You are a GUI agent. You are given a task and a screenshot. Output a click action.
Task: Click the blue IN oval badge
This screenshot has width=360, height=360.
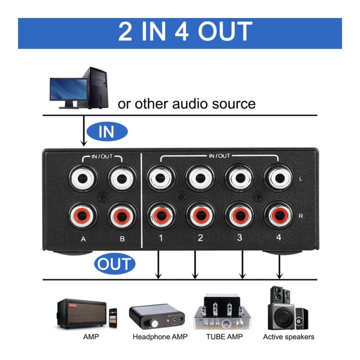click(x=107, y=131)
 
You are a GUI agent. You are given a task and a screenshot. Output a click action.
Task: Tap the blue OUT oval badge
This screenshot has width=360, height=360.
click(x=115, y=264)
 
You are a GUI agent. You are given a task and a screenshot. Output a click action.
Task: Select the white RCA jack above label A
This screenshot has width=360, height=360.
click(x=83, y=178)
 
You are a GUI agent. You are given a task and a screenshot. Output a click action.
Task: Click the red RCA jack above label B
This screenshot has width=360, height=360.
click(x=122, y=216)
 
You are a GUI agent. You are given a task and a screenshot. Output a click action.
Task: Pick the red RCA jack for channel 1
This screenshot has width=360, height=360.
click(x=161, y=216)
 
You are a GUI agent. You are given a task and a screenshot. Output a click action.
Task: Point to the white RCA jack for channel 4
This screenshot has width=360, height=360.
click(x=279, y=177)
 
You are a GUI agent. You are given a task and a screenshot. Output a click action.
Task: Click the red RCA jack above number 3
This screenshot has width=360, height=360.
click(x=239, y=216)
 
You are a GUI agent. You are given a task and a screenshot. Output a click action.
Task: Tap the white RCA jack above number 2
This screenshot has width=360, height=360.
click(x=200, y=178)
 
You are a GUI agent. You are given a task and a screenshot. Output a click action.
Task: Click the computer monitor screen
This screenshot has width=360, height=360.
click(x=68, y=89)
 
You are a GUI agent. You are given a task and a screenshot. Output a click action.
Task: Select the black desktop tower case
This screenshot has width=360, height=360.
click(x=96, y=88)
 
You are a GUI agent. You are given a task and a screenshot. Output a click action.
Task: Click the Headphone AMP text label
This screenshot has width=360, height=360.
click(x=160, y=337)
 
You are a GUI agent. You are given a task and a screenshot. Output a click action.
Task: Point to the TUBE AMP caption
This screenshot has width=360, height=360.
click(x=224, y=337)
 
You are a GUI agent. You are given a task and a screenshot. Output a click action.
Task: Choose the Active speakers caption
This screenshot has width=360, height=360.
click(x=289, y=337)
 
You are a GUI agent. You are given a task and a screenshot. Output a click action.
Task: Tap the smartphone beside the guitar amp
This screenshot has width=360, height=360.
click(x=113, y=318)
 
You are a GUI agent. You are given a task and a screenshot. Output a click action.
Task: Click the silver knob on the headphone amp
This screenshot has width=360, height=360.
click(x=154, y=324)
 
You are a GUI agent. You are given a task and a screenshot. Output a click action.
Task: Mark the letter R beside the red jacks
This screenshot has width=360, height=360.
click(x=301, y=216)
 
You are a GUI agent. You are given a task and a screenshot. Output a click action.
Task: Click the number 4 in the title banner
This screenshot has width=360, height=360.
click(x=181, y=31)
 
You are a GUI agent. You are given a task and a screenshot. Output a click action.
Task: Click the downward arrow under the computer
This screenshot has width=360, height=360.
click(x=84, y=131)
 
